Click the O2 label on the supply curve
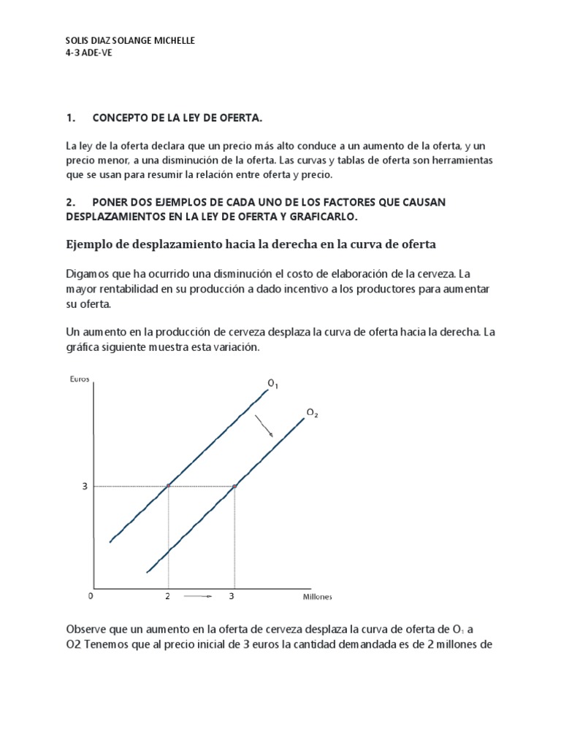coord(312,414)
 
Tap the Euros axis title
coord(80,378)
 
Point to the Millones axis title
coord(318,597)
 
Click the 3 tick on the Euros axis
coord(85,486)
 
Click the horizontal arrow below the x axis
coord(199,597)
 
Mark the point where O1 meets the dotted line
coord(169,486)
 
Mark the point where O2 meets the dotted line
coord(234,486)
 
